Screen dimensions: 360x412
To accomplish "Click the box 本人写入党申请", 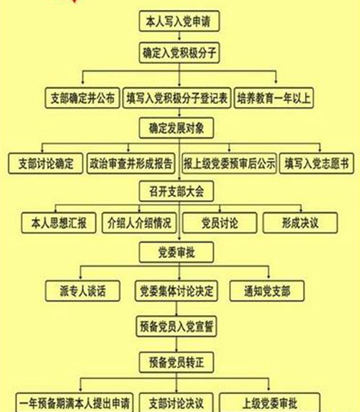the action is tap(179, 21).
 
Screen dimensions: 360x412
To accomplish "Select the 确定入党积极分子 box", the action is tap(179, 53).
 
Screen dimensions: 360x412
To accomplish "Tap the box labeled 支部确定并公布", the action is tap(83, 98).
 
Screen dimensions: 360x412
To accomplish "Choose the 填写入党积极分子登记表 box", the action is tap(177, 98).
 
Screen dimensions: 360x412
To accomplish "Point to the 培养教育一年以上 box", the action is tap(274, 98).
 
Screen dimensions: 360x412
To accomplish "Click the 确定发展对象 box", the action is tap(176, 128).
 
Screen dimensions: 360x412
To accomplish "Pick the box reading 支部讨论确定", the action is tap(46, 163).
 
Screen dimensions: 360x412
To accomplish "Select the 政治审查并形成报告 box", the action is tap(131, 163).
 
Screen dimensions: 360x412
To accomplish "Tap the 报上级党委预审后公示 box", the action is tap(229, 163).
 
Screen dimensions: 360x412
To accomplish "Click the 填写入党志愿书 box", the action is tap(317, 163).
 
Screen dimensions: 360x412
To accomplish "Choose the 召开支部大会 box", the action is tap(176, 191).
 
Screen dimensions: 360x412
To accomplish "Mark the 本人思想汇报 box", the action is tap(59, 223).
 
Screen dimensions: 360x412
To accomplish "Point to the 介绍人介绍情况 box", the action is tap(139, 223).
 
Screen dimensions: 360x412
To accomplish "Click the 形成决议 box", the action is tap(300, 223).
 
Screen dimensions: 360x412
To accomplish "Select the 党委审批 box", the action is tap(176, 252).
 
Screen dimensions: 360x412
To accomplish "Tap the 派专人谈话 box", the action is tap(83, 291).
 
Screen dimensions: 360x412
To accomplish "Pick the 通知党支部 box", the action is tap(267, 291).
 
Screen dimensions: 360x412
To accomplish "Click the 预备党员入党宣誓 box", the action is tap(176, 326).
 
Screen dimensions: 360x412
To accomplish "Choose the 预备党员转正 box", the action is tap(176, 363).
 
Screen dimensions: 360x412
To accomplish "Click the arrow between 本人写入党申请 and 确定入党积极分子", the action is tap(180, 36).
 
